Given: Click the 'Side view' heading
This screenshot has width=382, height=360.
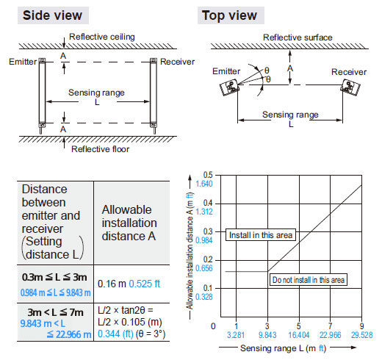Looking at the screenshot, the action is (52, 15).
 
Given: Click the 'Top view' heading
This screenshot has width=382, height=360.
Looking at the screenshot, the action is (229, 15).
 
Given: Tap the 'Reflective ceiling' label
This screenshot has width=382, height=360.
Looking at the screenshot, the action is (102, 37).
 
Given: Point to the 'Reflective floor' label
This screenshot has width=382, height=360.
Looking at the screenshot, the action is (100, 149).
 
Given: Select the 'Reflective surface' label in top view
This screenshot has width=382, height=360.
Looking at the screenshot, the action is (298, 37).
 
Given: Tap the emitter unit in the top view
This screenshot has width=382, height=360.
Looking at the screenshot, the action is (229, 87).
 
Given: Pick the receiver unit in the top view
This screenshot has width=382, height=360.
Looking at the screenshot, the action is (350, 87).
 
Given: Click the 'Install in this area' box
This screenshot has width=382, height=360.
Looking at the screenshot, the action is (261, 235).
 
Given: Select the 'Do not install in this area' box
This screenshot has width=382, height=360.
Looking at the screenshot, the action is (309, 280).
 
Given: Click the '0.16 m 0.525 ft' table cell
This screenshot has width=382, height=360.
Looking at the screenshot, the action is (129, 284).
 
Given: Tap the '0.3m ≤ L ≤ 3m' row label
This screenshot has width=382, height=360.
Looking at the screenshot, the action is (54, 277).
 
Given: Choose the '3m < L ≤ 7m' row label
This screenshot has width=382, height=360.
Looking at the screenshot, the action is (55, 312).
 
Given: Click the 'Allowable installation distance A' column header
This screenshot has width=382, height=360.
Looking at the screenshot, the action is (129, 223).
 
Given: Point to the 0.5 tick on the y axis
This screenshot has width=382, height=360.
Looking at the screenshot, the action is (208, 175).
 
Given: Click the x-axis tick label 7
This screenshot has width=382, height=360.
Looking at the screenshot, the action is (330, 326).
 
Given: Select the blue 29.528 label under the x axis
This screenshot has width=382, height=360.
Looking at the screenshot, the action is (361, 335).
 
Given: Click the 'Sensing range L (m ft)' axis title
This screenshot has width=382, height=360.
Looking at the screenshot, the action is (283, 348).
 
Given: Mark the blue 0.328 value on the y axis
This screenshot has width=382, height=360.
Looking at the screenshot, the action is (204, 297).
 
